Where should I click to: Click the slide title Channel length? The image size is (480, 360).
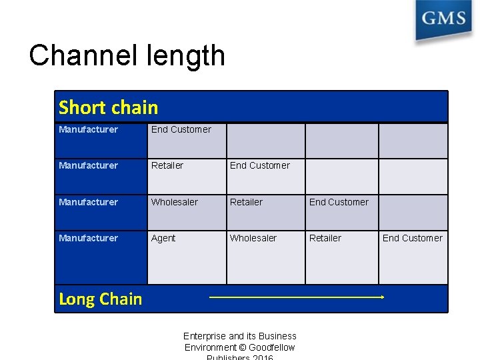click(x=127, y=56)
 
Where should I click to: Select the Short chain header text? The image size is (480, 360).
click(x=108, y=107)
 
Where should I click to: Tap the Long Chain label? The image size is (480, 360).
click(x=100, y=299)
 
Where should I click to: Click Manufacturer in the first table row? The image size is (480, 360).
click(x=88, y=129)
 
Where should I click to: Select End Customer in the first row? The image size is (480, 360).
click(x=181, y=129)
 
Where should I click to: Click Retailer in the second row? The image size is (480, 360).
click(x=167, y=165)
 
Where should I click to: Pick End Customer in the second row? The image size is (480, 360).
click(x=259, y=165)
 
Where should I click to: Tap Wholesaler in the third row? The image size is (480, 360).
click(x=174, y=202)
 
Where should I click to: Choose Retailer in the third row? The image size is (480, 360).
click(x=246, y=202)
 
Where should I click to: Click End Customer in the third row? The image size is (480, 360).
click(x=339, y=202)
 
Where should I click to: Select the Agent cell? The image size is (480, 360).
click(x=163, y=238)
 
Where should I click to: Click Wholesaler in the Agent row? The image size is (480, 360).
click(x=253, y=238)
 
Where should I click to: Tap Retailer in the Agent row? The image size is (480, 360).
click(x=325, y=238)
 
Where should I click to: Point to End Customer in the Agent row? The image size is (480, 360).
click(x=412, y=238)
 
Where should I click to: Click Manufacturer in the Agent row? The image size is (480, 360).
click(x=88, y=238)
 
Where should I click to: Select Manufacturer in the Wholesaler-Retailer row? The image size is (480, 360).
click(x=88, y=202)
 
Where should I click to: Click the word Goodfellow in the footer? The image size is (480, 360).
click(x=271, y=347)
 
